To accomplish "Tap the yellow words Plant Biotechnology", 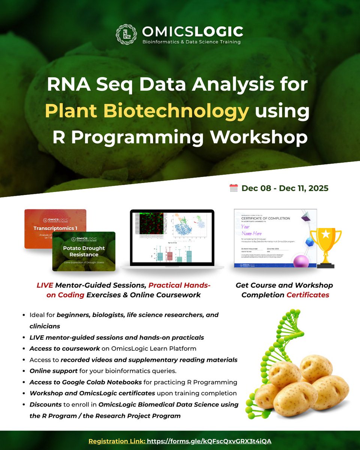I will coord(147,112).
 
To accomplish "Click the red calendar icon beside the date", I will coord(233,188).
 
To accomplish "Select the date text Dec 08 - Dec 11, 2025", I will coord(285,188).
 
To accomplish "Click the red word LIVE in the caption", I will coord(45,285).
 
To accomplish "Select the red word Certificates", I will coord(307,295).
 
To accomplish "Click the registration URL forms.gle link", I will coord(209,441).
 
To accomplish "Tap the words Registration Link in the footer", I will coord(116,441).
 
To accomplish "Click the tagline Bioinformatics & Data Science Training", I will coord(191,42).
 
